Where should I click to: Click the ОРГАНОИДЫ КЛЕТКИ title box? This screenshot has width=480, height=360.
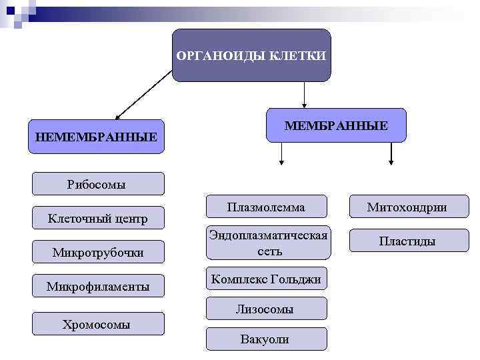251,55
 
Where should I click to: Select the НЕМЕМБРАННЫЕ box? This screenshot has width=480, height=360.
96,137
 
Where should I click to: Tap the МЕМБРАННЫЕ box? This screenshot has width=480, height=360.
336,125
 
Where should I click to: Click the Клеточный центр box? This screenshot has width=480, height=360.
98,218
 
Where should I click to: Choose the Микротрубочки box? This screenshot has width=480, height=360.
98,252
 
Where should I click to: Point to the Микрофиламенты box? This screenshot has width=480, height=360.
98,287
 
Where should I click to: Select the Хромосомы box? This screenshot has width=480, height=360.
98,324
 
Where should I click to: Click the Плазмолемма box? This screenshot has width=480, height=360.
266,207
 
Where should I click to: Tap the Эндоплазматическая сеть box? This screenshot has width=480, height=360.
268,243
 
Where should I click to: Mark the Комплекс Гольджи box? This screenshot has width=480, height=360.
267,279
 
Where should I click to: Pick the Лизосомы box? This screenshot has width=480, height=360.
266,309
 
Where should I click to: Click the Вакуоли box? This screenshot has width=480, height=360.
266,339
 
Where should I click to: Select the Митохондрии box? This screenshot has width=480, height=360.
407,207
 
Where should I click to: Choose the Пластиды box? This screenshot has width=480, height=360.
407,241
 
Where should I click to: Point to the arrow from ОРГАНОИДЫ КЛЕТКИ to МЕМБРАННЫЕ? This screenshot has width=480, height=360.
304,95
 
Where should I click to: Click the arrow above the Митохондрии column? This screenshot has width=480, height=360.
391,153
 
